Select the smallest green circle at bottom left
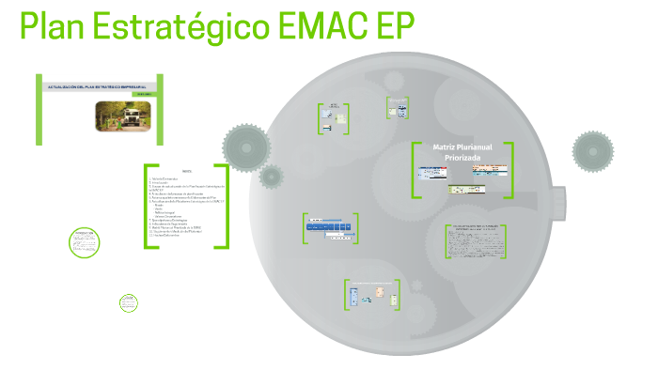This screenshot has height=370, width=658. (129, 302)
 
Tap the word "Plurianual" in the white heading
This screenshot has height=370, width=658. (481, 147)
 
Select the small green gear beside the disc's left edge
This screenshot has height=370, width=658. (272, 176)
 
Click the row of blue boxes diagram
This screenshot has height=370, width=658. (329, 228)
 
